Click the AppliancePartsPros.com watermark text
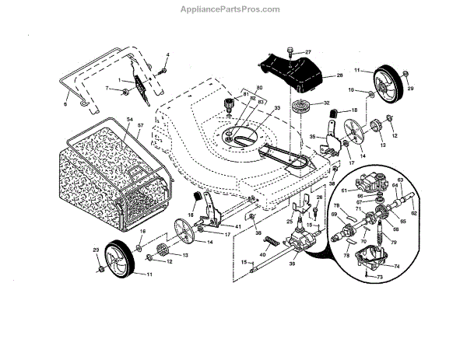tap(233, 9)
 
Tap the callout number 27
tap(307, 51)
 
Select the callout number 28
tap(339, 75)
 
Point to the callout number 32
tap(326, 102)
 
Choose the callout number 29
tap(410, 89)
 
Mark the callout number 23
tap(97, 250)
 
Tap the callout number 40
tap(262, 254)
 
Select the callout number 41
tap(216, 225)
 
